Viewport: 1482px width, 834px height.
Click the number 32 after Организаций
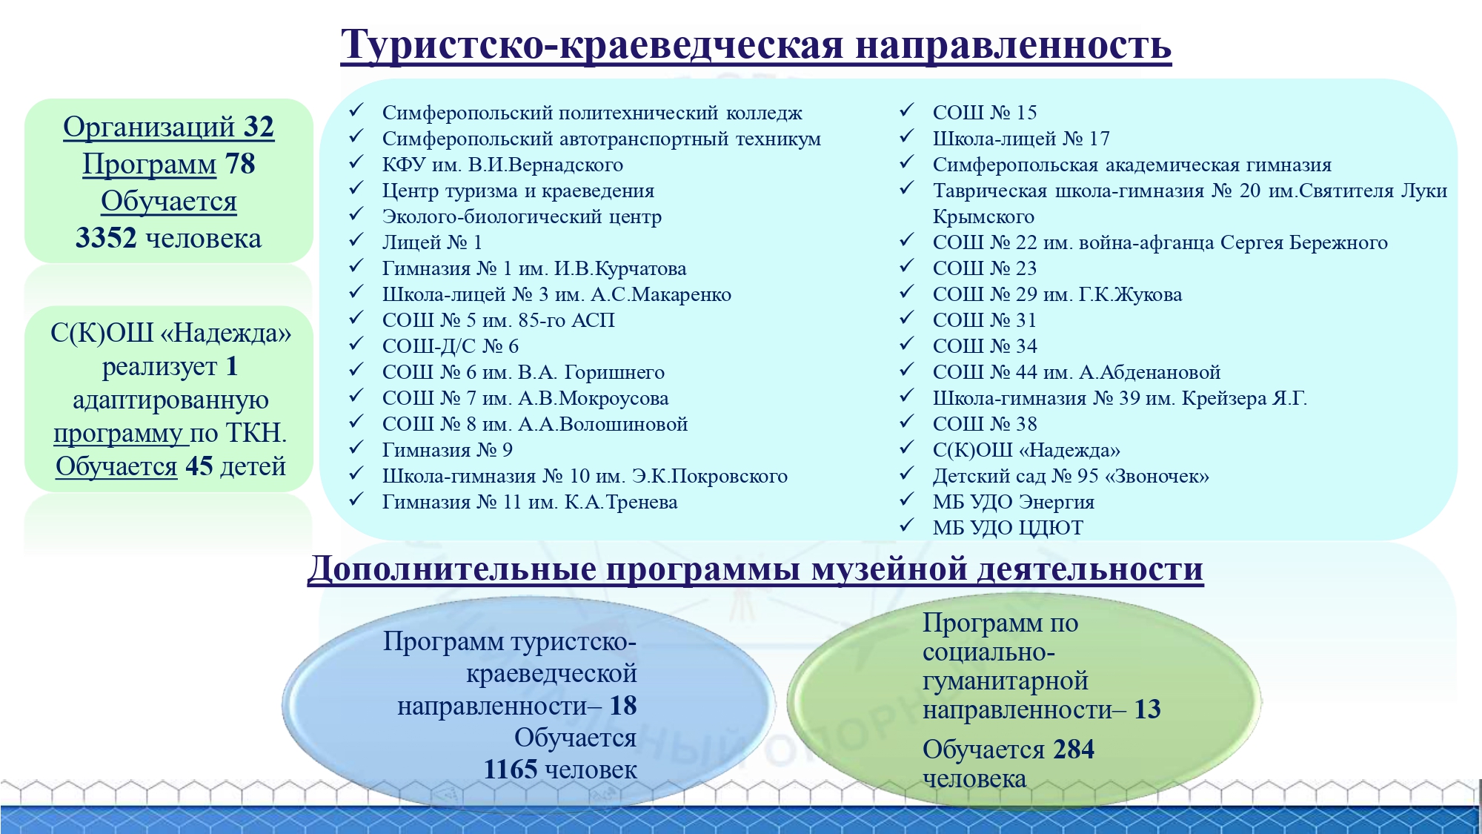(x=259, y=127)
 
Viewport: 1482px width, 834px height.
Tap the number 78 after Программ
(x=240, y=164)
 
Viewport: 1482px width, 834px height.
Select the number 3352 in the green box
(x=106, y=238)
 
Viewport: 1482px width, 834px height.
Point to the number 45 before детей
(x=199, y=466)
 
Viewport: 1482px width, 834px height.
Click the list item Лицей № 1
(x=432, y=242)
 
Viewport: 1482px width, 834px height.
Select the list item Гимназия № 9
(x=447, y=450)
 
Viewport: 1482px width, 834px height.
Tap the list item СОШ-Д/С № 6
(x=451, y=346)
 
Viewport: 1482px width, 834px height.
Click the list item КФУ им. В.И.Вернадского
(x=502, y=165)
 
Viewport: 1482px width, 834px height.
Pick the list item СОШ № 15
(x=985, y=113)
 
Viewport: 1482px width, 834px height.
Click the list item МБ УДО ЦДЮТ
(x=1008, y=528)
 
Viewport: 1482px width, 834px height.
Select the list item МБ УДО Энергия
(x=1014, y=502)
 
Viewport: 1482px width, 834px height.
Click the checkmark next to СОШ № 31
(x=907, y=318)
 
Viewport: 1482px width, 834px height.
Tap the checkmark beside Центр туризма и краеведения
(x=356, y=188)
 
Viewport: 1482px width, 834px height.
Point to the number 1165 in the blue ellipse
(x=511, y=769)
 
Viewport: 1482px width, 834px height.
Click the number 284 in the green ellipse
(x=1074, y=749)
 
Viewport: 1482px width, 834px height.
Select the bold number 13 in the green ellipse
(x=1147, y=709)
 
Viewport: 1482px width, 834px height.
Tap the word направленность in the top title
(x=1013, y=45)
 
